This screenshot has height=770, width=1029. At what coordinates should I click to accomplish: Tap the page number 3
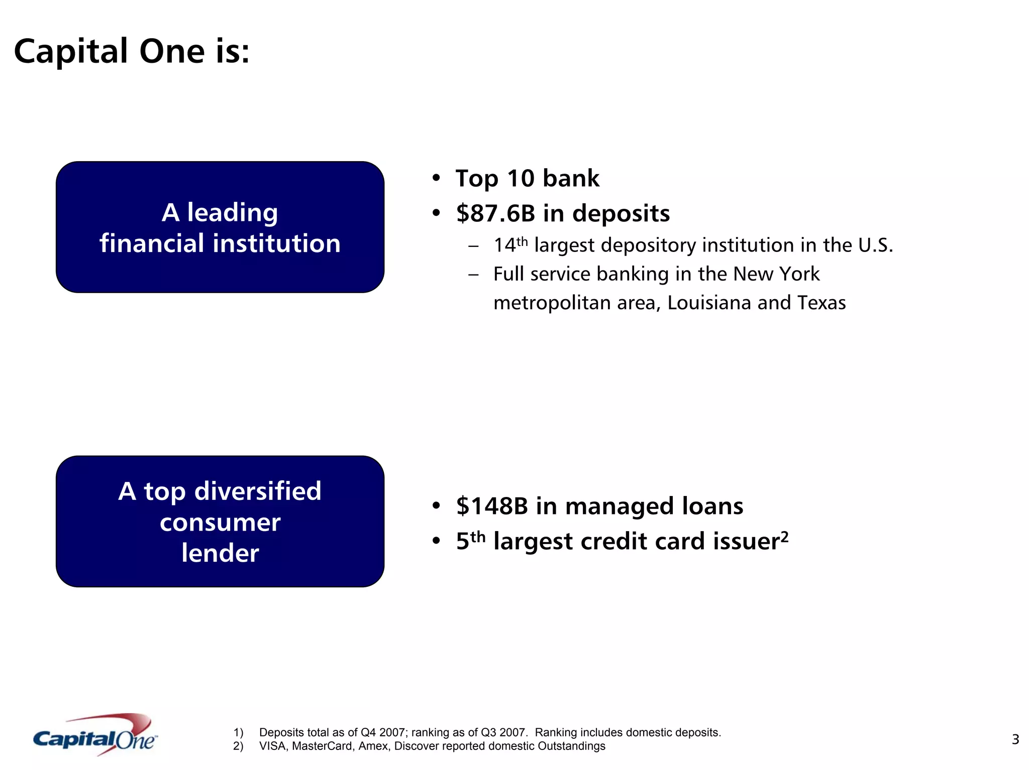(x=1015, y=739)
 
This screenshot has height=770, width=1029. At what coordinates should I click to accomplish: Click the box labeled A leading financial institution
(x=220, y=227)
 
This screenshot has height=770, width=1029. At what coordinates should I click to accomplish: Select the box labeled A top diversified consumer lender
(x=220, y=522)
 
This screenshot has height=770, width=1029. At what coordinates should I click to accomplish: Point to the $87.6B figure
(x=495, y=213)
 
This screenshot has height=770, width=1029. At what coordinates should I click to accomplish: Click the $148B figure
(x=492, y=506)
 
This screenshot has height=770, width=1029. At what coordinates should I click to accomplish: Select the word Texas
(x=821, y=303)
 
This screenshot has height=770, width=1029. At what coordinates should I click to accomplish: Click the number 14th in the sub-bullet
(x=510, y=245)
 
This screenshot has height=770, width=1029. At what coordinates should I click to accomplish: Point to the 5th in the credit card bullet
(x=470, y=541)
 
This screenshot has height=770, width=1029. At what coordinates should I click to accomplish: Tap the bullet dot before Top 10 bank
(x=436, y=178)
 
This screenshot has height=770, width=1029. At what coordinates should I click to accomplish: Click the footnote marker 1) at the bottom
(x=238, y=733)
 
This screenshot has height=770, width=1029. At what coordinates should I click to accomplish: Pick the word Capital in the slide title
(x=71, y=52)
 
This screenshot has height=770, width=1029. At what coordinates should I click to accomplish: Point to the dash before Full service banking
(x=473, y=275)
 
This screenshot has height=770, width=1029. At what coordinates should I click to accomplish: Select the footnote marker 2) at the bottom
(x=238, y=746)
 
